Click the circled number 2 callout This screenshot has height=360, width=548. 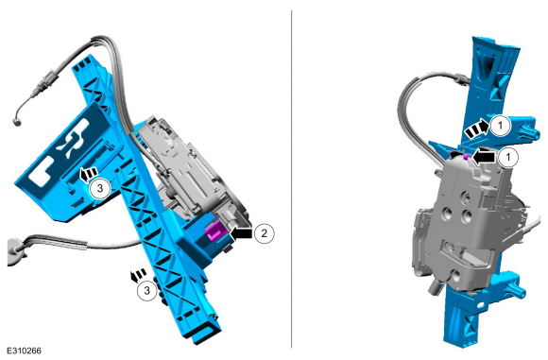click(x=264, y=232)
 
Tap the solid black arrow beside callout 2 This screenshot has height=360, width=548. click(x=241, y=232)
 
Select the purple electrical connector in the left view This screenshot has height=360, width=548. click(x=215, y=232)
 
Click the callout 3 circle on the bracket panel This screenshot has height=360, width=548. click(x=100, y=188)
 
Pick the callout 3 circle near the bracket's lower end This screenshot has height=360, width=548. click(x=146, y=290)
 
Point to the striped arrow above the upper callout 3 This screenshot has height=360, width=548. click(x=89, y=174)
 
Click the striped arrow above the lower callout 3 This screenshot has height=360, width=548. click(x=137, y=275)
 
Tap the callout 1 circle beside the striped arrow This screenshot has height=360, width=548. click(x=500, y=125)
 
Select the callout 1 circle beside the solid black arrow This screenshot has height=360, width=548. click(x=507, y=157)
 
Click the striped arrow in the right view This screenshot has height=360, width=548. click(x=476, y=129)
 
